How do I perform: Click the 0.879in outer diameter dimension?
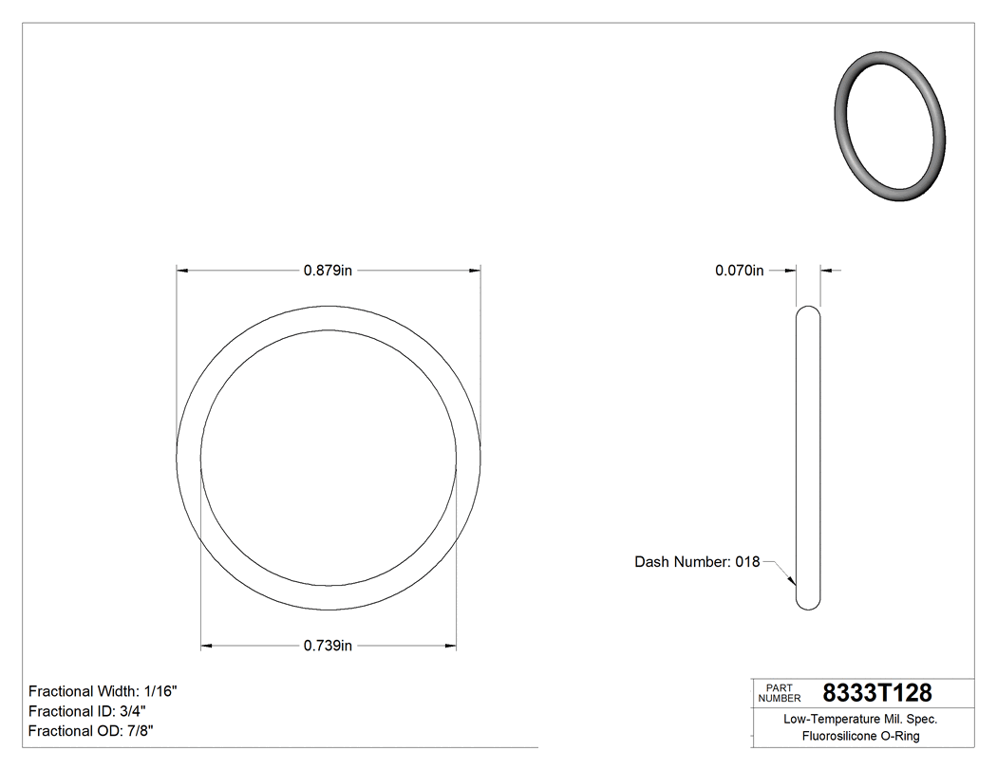328,271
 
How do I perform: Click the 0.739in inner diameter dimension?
328,647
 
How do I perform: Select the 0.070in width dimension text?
739,271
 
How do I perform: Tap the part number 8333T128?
876,693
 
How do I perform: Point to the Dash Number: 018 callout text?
696,562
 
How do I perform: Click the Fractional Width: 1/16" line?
103,691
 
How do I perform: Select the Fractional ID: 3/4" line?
87,711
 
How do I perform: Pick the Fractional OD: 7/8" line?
91,731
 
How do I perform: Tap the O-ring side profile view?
808,457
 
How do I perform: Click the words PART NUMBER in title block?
779,693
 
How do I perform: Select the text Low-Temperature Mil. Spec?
859,720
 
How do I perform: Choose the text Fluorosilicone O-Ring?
860,737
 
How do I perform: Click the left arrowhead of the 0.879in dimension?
183,271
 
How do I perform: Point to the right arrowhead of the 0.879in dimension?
474,271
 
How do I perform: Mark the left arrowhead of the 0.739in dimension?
207,647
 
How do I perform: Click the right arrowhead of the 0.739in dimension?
450,647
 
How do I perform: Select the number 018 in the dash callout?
747,562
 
